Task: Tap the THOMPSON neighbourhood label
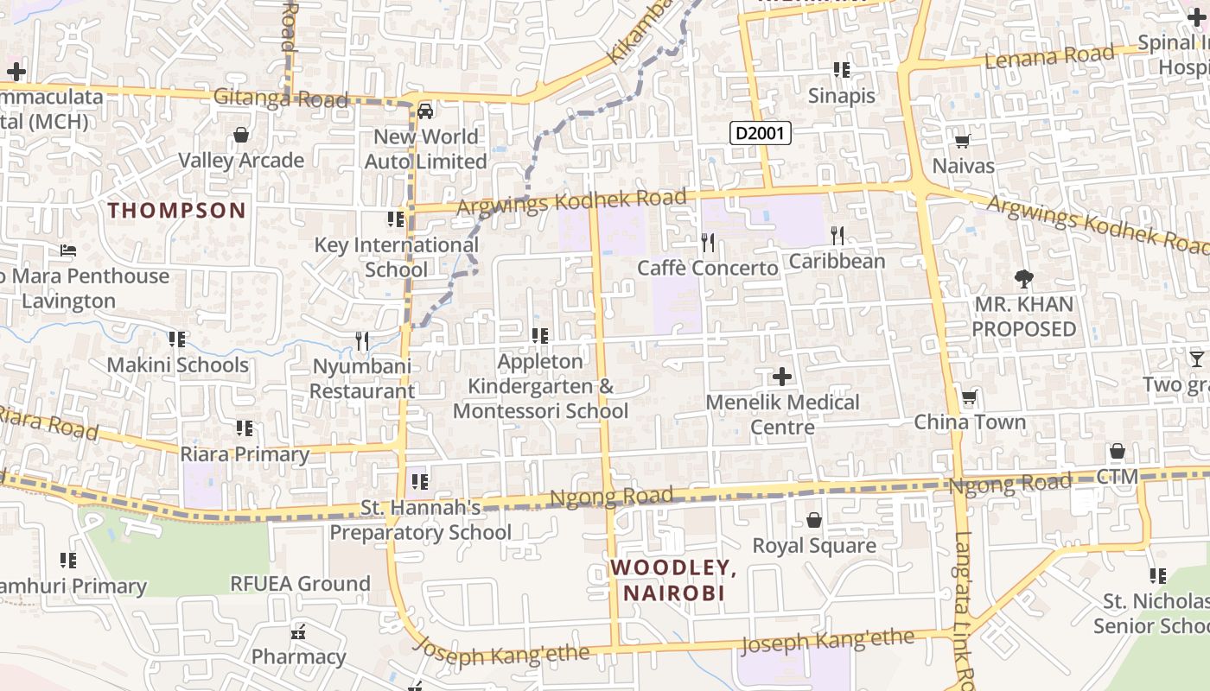coord(177,210)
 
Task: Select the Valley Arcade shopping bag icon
coord(241,136)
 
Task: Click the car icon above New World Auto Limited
coord(425,111)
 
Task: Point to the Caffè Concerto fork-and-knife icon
coord(708,242)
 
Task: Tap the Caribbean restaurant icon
coord(837,235)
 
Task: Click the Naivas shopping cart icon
coord(962,141)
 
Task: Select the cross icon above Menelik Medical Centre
coord(781,377)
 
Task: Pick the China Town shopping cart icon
coord(970,398)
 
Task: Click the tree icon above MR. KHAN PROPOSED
coord(1024,279)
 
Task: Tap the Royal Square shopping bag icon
coord(813,520)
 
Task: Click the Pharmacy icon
coord(299,632)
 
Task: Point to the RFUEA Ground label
coord(300,583)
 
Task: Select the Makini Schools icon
coord(177,339)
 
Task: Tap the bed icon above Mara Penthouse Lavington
coord(68,251)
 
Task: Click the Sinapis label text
coord(841,96)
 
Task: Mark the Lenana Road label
coord(1050,58)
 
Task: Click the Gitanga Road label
coord(281,98)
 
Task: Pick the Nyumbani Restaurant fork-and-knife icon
coord(362,341)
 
